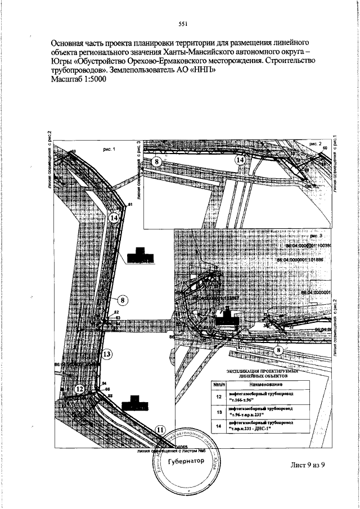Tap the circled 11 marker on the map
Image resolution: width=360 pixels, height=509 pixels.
coord(161,431)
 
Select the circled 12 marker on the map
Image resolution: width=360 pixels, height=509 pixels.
coord(80,389)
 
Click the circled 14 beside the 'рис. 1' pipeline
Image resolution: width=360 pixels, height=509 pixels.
coord(115,218)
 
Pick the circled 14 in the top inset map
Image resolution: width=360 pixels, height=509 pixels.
coord(240,160)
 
